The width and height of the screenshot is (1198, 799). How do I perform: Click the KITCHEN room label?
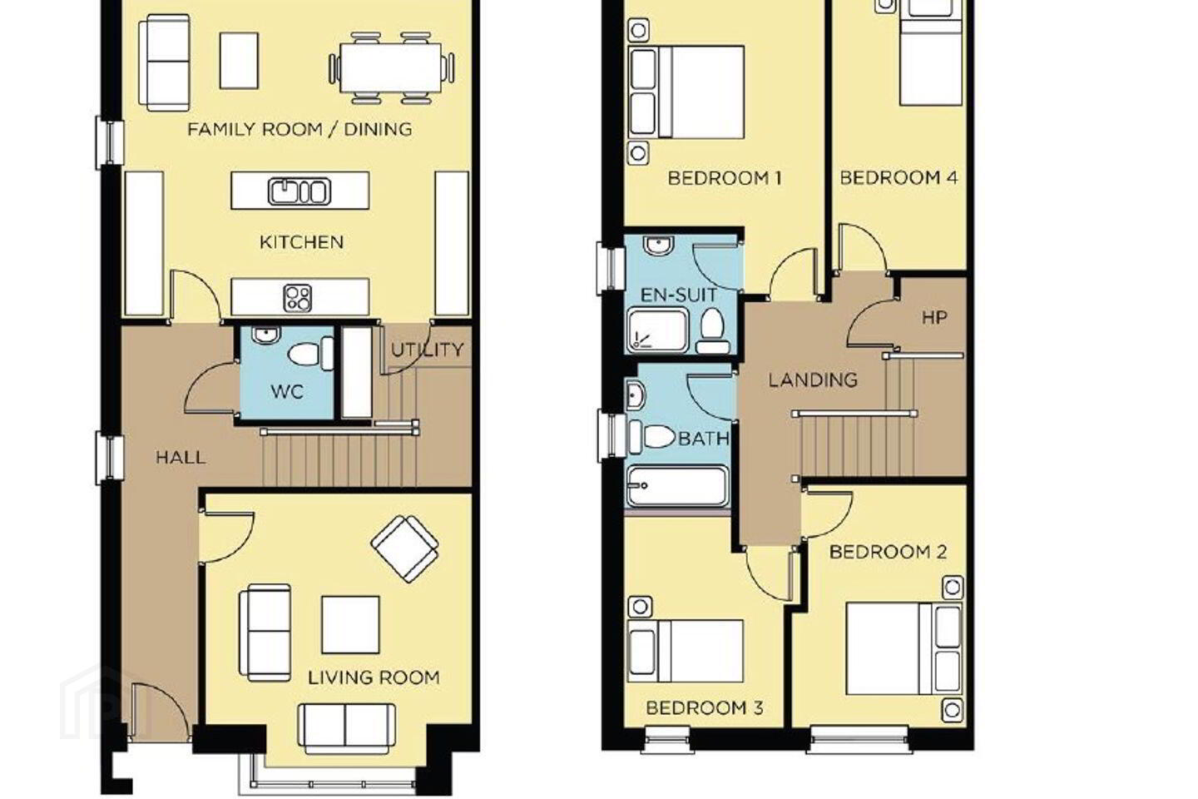pyautogui.click(x=302, y=242)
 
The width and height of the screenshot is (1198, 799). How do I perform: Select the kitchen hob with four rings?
pyautogui.click(x=298, y=298)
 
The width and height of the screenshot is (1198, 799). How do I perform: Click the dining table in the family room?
pyautogui.click(x=391, y=68)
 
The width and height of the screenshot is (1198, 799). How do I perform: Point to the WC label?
pyautogui.click(x=287, y=392)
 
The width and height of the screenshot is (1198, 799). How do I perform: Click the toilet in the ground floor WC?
pyautogui.click(x=311, y=353)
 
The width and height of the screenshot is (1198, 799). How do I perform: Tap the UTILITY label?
pyautogui.click(x=427, y=350)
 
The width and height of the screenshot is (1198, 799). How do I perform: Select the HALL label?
pyautogui.click(x=181, y=458)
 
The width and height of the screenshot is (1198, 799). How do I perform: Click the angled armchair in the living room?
pyautogui.click(x=405, y=548)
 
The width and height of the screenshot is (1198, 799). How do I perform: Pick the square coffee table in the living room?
pyautogui.click(x=351, y=625)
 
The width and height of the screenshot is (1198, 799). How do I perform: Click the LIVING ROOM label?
pyautogui.click(x=374, y=678)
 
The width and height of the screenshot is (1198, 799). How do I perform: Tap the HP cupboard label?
pyautogui.click(x=934, y=318)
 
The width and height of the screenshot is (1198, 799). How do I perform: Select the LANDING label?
pyautogui.click(x=813, y=380)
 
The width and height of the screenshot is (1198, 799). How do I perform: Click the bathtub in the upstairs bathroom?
pyautogui.click(x=677, y=486)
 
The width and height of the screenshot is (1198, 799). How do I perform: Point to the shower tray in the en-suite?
pyautogui.click(x=657, y=330)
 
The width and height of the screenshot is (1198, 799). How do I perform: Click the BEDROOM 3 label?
pyautogui.click(x=705, y=708)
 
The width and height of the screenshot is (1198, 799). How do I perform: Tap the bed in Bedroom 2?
pyautogui.click(x=903, y=648)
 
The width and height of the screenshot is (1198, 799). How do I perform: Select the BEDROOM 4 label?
pyautogui.click(x=898, y=177)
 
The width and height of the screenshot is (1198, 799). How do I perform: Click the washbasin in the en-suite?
pyautogui.click(x=659, y=245)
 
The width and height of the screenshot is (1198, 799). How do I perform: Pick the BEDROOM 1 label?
pyautogui.click(x=725, y=178)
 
